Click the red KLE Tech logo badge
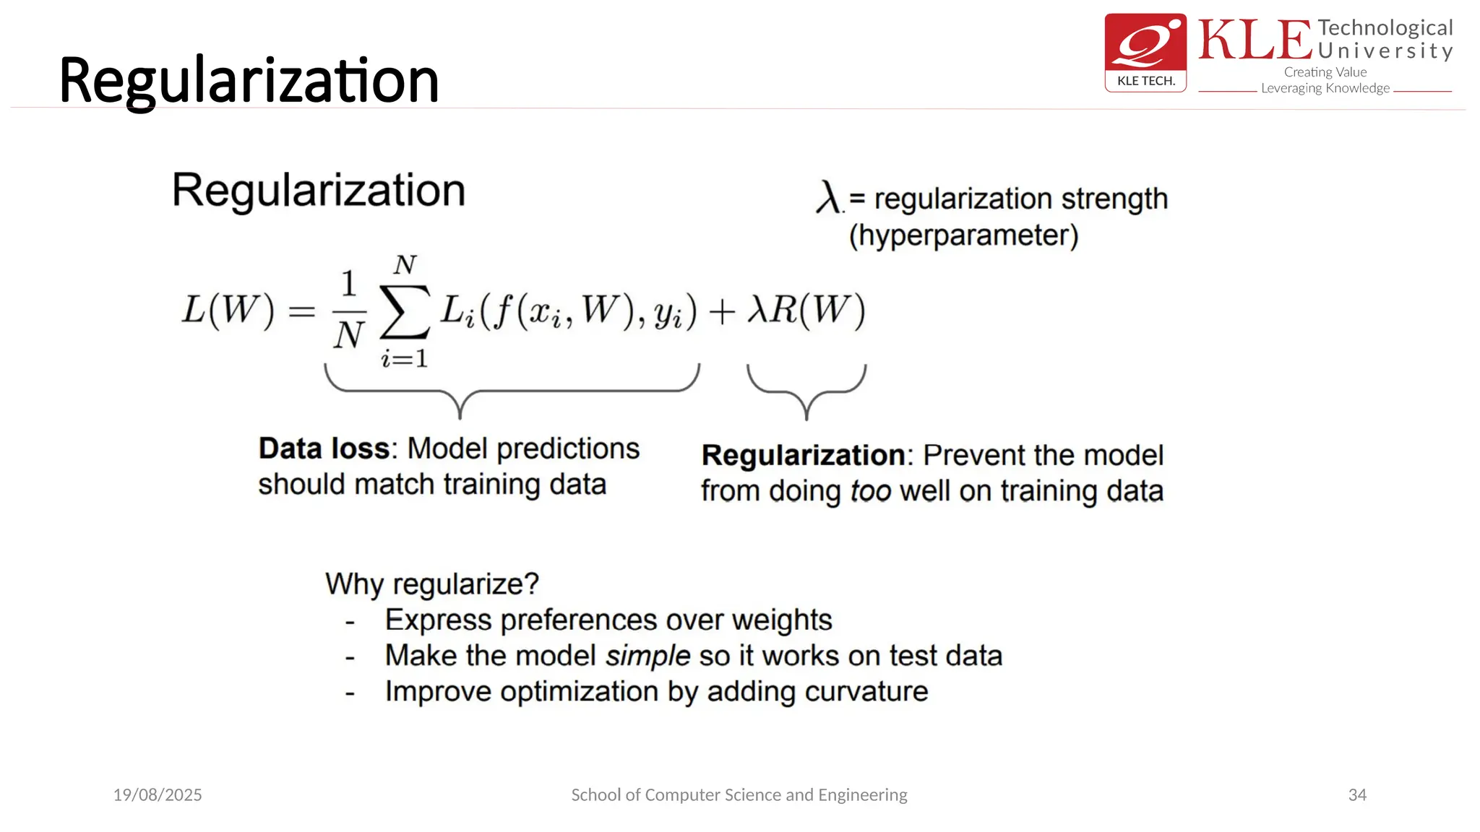pos(1145,52)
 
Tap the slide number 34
pos(1357,795)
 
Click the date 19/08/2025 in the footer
pos(158,795)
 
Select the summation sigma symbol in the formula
pos(405,312)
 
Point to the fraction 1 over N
pos(349,311)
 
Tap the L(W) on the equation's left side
pos(228,311)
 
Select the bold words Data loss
pos(324,448)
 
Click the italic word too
pos(870,491)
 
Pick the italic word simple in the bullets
pos(648,656)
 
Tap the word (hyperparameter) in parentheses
pos(963,235)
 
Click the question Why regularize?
pos(432,584)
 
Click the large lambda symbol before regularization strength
pos(828,196)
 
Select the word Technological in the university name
pos(1385,27)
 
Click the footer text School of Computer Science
pos(739,795)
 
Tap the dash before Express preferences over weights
pos(350,621)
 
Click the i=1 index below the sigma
pos(405,358)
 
